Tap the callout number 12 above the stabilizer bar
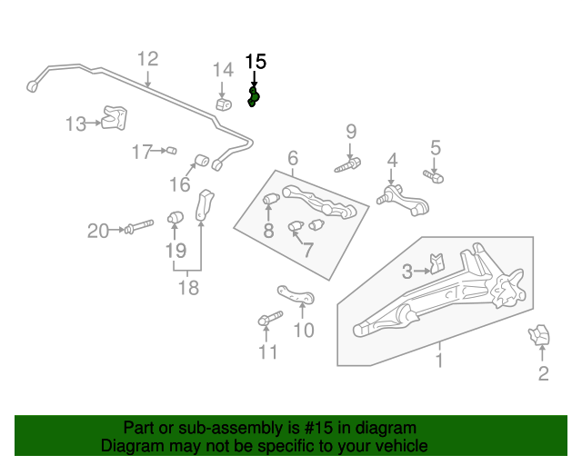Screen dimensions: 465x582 point(147,59)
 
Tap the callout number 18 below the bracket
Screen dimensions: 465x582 point(188,288)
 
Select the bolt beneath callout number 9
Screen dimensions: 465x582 point(348,166)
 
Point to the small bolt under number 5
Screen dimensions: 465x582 point(433,175)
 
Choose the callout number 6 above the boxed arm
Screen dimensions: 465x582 point(293,159)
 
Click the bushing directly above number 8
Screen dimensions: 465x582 point(270,199)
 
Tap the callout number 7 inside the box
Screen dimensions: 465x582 point(308,249)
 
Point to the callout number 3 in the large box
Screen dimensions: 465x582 point(407,270)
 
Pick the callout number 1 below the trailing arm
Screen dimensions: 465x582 point(438,362)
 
